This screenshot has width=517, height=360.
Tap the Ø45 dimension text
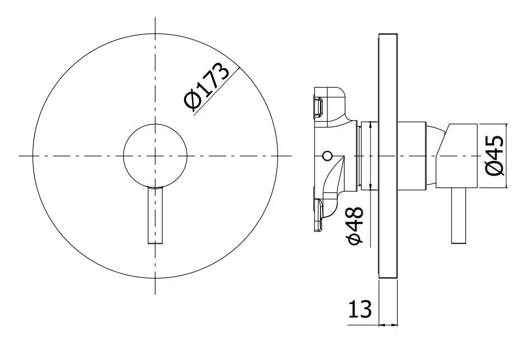[495, 156]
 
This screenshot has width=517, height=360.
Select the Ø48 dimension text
[355, 226]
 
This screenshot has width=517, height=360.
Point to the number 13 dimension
[360, 309]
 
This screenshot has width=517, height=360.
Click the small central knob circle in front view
[156, 155]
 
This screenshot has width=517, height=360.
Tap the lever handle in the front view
[155, 215]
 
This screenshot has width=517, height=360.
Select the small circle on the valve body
[327, 155]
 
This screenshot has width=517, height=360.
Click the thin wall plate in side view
[388, 155]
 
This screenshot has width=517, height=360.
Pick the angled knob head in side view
[457, 156]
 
